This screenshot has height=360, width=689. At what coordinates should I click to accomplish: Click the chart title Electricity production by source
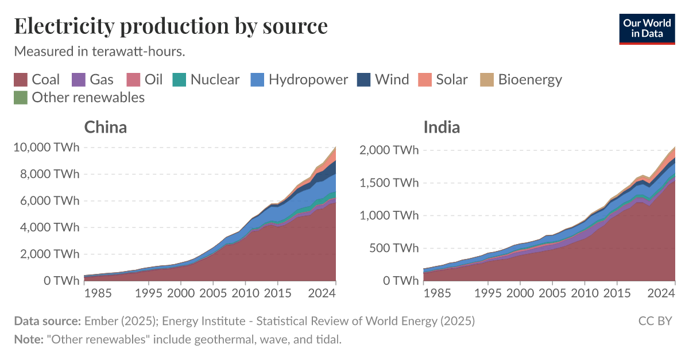tap(171, 26)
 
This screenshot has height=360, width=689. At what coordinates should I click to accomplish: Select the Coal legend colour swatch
tap(21, 80)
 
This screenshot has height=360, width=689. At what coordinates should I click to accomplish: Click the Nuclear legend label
tap(215, 80)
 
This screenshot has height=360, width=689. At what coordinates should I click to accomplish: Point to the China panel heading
tap(106, 127)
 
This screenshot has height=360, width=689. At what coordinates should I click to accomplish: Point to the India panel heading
tap(442, 127)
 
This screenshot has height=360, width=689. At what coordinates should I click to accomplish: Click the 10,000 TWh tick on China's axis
tap(45, 148)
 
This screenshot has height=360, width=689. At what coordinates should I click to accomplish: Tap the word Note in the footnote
tap(28, 339)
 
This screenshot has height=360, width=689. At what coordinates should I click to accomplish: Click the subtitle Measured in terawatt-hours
tap(99, 52)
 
